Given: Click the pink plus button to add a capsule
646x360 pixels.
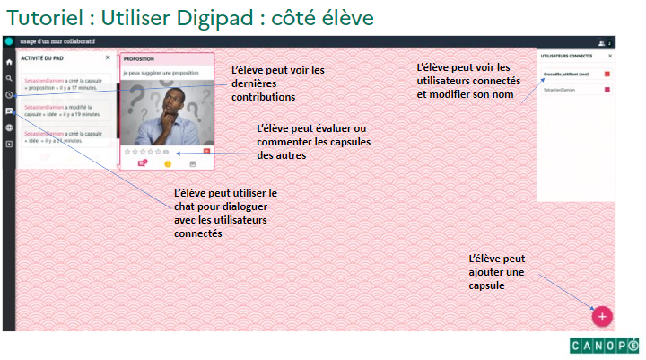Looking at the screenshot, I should pyautogui.click(x=602, y=315).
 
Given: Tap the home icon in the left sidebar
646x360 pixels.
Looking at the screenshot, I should pyautogui.click(x=9, y=63).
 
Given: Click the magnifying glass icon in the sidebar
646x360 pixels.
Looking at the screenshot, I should pyautogui.click(x=9, y=79).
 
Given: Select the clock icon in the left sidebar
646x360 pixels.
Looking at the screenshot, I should pyautogui.click(x=9, y=95).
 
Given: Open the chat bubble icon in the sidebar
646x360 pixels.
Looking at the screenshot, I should pyautogui.click(x=9, y=111).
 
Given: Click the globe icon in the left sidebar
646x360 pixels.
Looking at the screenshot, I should pyautogui.click(x=9, y=127).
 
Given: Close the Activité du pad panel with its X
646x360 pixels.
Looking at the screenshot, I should pyautogui.click(x=108, y=57).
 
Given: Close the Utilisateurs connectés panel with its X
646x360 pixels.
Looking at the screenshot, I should pyautogui.click(x=610, y=56).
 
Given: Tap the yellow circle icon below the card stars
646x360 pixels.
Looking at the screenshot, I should pyautogui.click(x=167, y=163).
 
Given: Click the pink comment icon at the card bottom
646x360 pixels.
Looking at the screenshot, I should pyautogui.click(x=141, y=163).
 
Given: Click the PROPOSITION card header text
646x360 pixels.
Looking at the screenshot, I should pyautogui.click(x=140, y=58).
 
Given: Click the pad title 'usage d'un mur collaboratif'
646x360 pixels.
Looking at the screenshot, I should pyautogui.click(x=56, y=41).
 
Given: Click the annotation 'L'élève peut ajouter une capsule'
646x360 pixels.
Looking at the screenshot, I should pyautogui.click(x=496, y=271).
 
